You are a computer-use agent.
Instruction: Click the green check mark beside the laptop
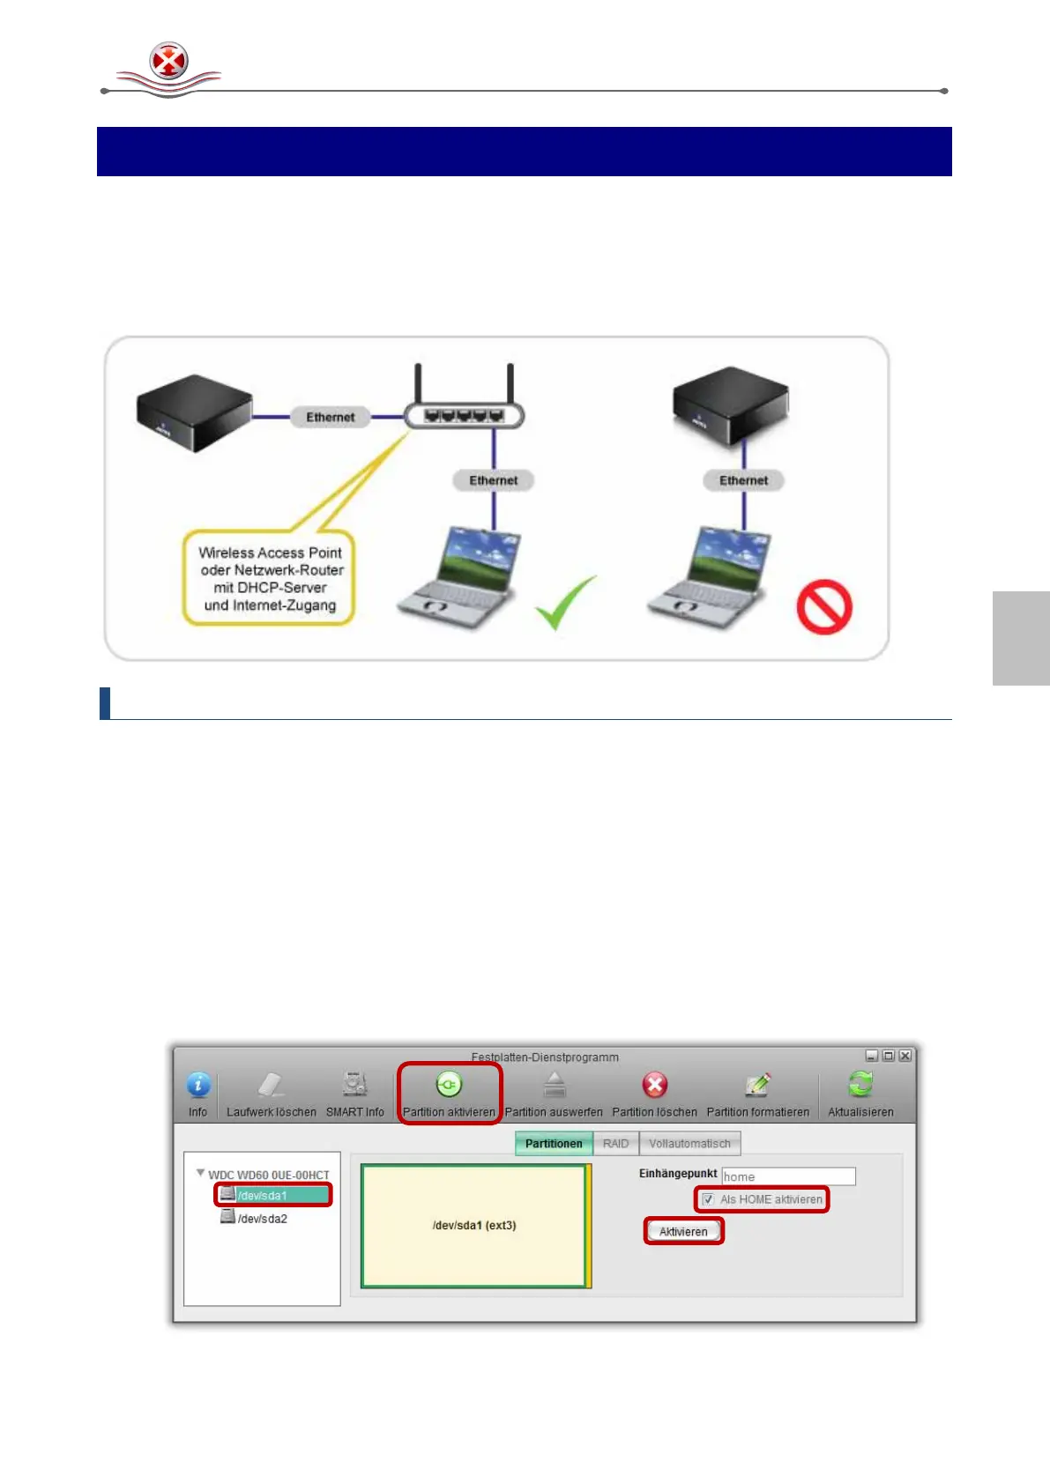pos(565,604)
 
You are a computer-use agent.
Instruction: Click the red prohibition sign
pos(824,606)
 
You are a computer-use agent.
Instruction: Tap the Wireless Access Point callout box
pos(270,578)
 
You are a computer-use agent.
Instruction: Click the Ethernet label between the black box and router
pos(331,417)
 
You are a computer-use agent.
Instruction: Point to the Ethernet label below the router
pos(494,480)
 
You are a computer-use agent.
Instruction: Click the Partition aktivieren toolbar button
pos(449,1093)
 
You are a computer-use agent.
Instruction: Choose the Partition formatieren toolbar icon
pos(757,1086)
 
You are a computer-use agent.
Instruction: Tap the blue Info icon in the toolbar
pos(198,1086)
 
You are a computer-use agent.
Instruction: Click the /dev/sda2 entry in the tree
pos(262,1219)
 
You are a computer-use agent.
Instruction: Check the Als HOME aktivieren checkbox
pos(708,1199)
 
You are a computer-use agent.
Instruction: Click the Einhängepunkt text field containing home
pos(788,1176)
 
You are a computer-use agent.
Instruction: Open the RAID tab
pos(615,1144)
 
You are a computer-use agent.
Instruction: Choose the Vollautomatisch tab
pos(689,1144)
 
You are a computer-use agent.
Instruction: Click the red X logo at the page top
pos(168,62)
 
